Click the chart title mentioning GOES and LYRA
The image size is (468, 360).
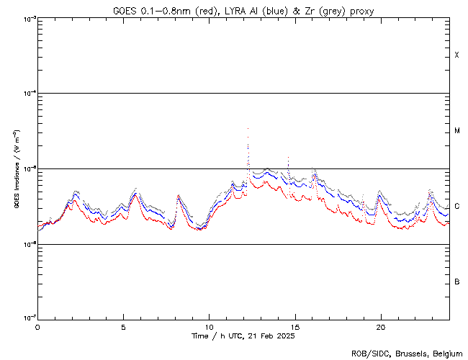coord(243,11)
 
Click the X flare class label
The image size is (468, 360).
coord(456,55)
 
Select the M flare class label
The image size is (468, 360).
coord(456,131)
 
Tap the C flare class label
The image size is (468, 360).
coord(456,207)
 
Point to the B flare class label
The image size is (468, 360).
coord(456,282)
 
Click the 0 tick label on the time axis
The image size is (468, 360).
coord(37,326)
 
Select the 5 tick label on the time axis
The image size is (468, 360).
coord(123,326)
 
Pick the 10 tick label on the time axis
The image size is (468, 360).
coord(209,326)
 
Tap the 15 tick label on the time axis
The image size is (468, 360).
coord(294,326)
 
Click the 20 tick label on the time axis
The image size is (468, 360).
coord(380,326)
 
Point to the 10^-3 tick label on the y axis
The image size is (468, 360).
coord(29,18)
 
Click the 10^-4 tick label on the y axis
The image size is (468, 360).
coord(29,94)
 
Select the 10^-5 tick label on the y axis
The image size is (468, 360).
coord(29,168)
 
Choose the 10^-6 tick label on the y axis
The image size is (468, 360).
coord(29,244)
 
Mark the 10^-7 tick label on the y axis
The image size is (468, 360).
coord(29,319)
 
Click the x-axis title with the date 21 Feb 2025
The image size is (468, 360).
coord(243,336)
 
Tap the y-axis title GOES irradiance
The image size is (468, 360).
coord(15,169)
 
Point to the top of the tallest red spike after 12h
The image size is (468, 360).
coord(248,128)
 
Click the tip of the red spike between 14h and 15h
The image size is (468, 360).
coord(288,156)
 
